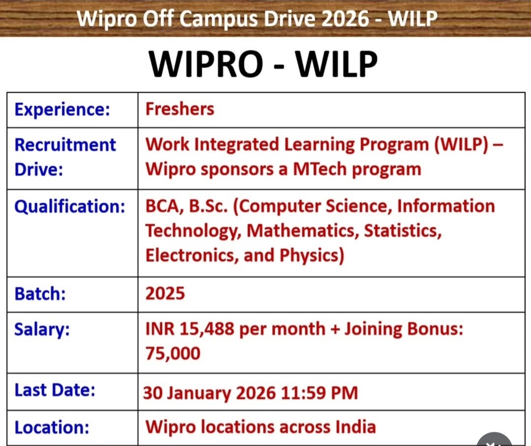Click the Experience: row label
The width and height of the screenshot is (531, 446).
62,109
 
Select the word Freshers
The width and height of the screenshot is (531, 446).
179,109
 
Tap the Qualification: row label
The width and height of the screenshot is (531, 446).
70,207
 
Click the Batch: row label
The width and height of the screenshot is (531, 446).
40,294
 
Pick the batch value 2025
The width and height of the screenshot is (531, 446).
165,294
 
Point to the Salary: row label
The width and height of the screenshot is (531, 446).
42,329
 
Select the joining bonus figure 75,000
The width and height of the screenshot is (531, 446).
173,353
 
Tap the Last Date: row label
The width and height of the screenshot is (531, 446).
55,390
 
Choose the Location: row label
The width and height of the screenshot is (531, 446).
52,427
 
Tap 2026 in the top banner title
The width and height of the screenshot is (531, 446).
352,19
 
